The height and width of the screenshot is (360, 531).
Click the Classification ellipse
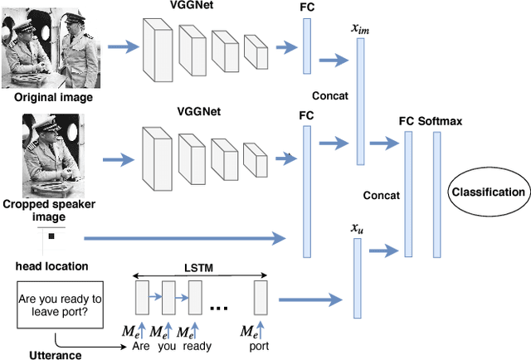pos(489,192)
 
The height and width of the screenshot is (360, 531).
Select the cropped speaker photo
pos(53,158)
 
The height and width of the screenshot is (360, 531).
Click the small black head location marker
pos(51,237)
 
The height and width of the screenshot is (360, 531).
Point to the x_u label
pos(358,228)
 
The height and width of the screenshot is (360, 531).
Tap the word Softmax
pos(441,121)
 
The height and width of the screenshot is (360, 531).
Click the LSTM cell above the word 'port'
pos(261,297)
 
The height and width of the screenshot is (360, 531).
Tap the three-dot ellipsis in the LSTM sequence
pos(221,308)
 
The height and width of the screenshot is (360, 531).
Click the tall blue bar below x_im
pos(360,100)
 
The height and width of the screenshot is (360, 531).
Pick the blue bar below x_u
pos(358,278)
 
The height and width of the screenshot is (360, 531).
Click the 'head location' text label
pos(52,265)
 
